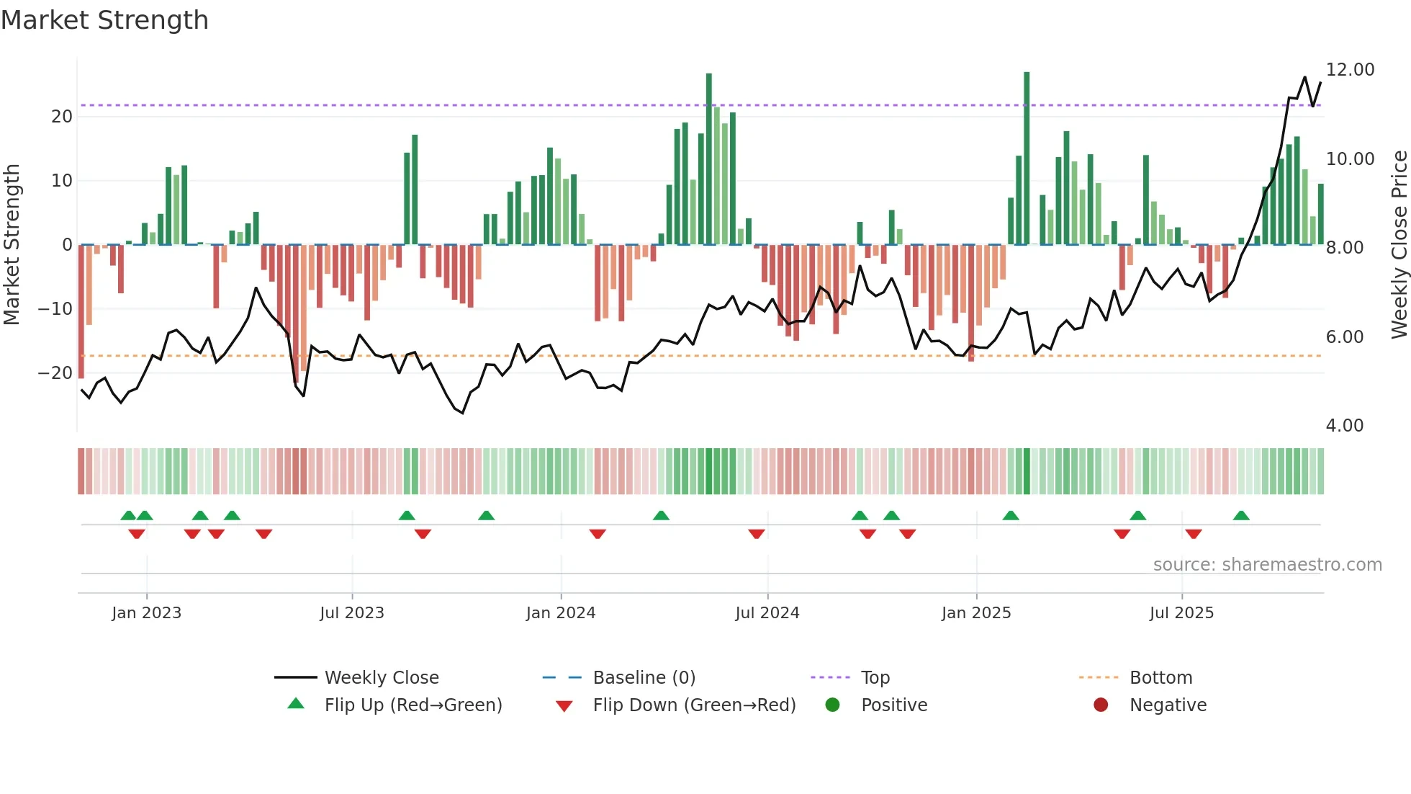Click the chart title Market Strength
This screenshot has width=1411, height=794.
tap(104, 20)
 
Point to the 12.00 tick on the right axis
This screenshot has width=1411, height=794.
tap(1350, 70)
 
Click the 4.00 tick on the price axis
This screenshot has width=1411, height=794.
tap(1344, 426)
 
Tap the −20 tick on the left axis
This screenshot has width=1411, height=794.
tap(55, 373)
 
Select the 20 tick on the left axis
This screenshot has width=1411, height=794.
tap(62, 117)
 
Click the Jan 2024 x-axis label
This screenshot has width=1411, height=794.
tap(561, 613)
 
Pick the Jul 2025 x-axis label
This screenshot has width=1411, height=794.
tap(1181, 613)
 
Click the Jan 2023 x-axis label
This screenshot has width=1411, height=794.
tap(147, 613)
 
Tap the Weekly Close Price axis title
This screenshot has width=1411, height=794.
tap(1399, 245)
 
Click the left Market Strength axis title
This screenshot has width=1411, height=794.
tap(12, 245)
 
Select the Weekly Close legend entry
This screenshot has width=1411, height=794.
tap(381, 678)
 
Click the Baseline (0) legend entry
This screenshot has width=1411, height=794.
tap(644, 678)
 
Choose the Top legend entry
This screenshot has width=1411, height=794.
tap(875, 678)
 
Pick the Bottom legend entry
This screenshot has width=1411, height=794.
tap(1160, 678)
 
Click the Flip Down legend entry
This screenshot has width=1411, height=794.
tap(694, 705)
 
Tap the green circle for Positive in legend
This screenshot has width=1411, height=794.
tap(832, 705)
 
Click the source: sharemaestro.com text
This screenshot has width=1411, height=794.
tap(1267, 565)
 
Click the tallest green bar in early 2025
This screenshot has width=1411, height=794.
tap(1027, 159)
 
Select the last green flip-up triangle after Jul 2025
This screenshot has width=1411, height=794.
tap(1241, 516)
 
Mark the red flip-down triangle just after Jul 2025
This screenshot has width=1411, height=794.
tap(1194, 534)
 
